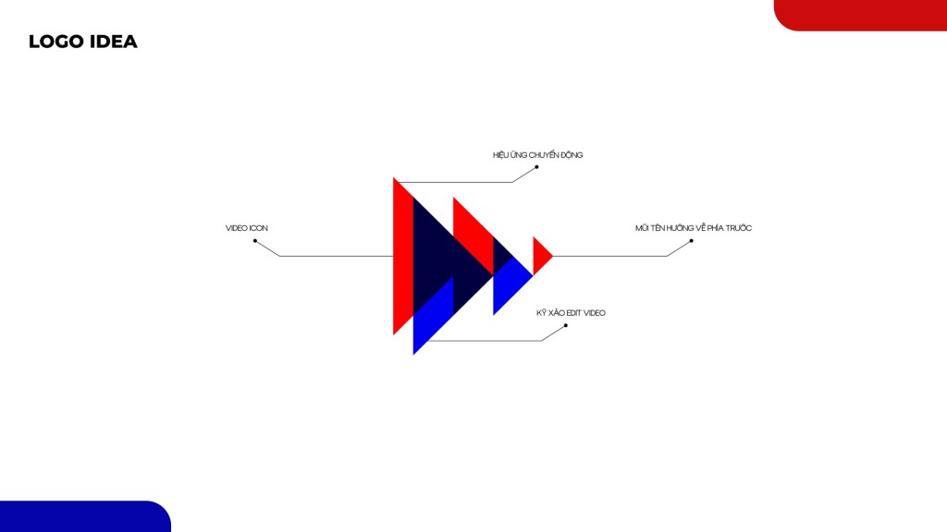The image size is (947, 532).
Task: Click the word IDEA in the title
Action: point(114,42)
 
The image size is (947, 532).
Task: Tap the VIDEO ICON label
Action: point(246,228)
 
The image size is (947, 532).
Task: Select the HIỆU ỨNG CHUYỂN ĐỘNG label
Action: point(537,155)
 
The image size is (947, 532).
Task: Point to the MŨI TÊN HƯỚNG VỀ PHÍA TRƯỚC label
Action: point(694,228)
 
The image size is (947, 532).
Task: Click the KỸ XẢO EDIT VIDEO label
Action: point(571,313)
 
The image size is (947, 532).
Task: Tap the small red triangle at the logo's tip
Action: point(542,257)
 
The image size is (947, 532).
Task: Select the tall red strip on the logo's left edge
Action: point(403,257)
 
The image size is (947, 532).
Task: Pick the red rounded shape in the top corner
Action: point(860,15)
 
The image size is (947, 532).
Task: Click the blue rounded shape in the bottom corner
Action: point(85,516)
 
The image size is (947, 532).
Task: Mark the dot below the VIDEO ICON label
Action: point(255,241)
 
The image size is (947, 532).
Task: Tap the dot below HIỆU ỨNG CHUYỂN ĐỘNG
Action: point(536,167)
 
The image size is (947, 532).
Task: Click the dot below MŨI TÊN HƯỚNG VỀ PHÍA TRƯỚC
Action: point(691,241)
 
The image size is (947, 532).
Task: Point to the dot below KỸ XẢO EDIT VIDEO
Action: point(565,326)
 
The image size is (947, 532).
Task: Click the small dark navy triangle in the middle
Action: point(502,257)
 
